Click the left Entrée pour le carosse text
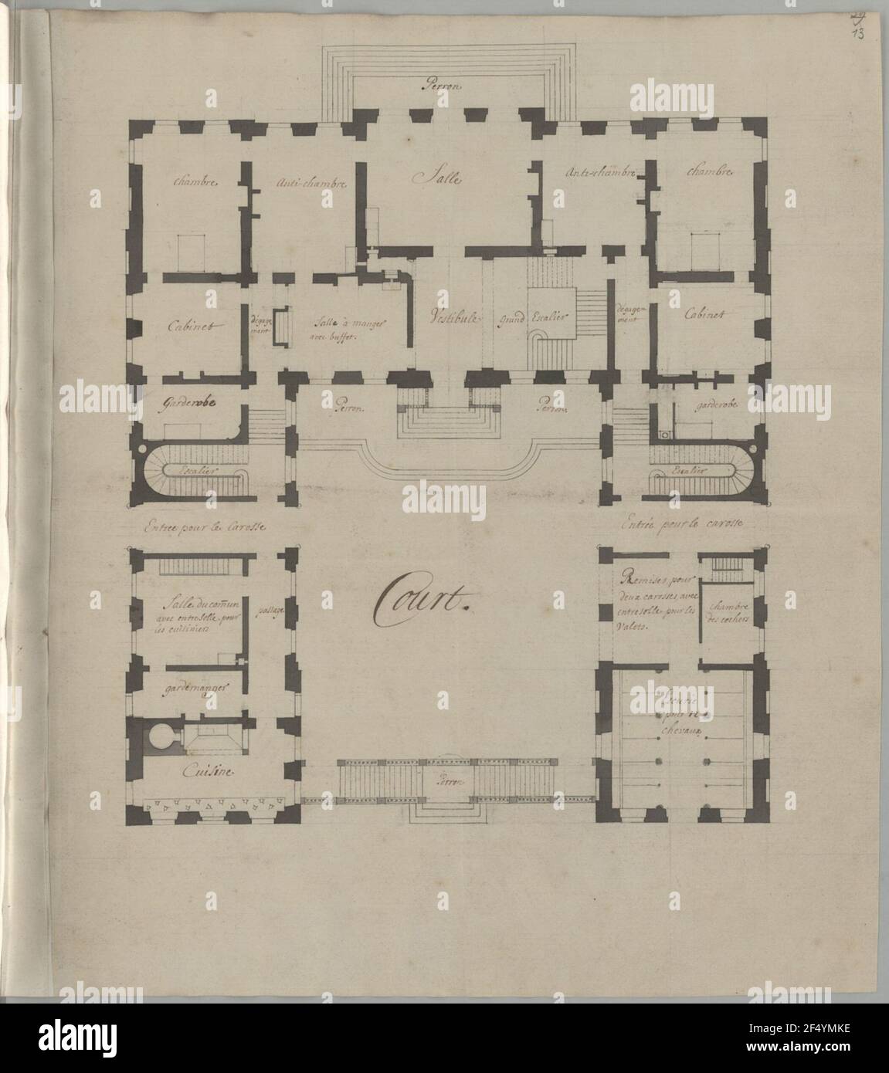(x=205, y=529)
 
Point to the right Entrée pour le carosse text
(x=680, y=523)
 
